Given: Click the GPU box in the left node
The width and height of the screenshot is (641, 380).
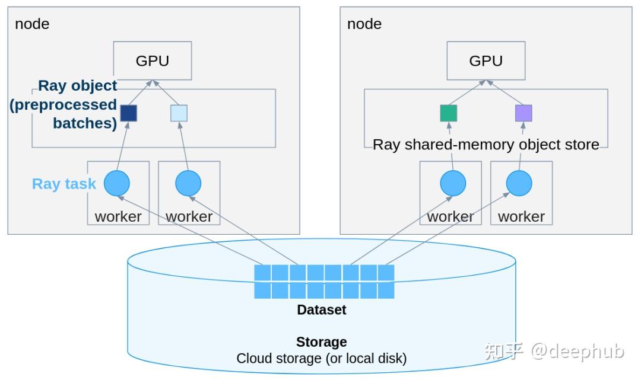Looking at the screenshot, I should [153, 60].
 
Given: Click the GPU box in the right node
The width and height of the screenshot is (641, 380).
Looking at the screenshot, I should [485, 60].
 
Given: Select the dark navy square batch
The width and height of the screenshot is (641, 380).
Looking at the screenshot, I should [129, 113].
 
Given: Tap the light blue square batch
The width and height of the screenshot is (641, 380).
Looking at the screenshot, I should [179, 113].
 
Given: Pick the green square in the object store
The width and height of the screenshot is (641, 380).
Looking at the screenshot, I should [449, 113].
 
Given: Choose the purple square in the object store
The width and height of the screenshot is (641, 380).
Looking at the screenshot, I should [523, 113].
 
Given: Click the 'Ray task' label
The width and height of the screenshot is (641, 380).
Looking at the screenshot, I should [64, 184].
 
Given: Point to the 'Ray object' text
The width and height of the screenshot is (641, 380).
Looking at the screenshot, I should [77, 86].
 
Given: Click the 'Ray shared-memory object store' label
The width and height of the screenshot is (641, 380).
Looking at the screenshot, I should [485, 144].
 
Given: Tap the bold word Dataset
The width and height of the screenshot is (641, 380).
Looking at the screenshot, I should [321, 309].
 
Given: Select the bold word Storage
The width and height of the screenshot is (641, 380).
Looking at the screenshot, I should [321, 342].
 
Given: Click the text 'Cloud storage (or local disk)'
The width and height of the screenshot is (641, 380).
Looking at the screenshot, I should [321, 359].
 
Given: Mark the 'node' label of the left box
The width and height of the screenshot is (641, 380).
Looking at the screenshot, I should [32, 24].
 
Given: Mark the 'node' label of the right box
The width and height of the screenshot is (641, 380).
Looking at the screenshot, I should [364, 24].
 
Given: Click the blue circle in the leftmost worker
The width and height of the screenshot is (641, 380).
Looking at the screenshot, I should [117, 184].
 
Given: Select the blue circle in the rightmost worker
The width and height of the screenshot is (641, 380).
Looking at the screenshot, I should [519, 184].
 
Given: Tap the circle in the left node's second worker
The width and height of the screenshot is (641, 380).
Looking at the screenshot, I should [188, 184].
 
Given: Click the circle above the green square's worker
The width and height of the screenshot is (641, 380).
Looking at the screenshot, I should [453, 184].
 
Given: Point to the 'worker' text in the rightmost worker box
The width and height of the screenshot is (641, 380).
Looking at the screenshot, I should [521, 216].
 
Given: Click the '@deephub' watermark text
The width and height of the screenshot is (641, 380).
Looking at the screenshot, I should [577, 351].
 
